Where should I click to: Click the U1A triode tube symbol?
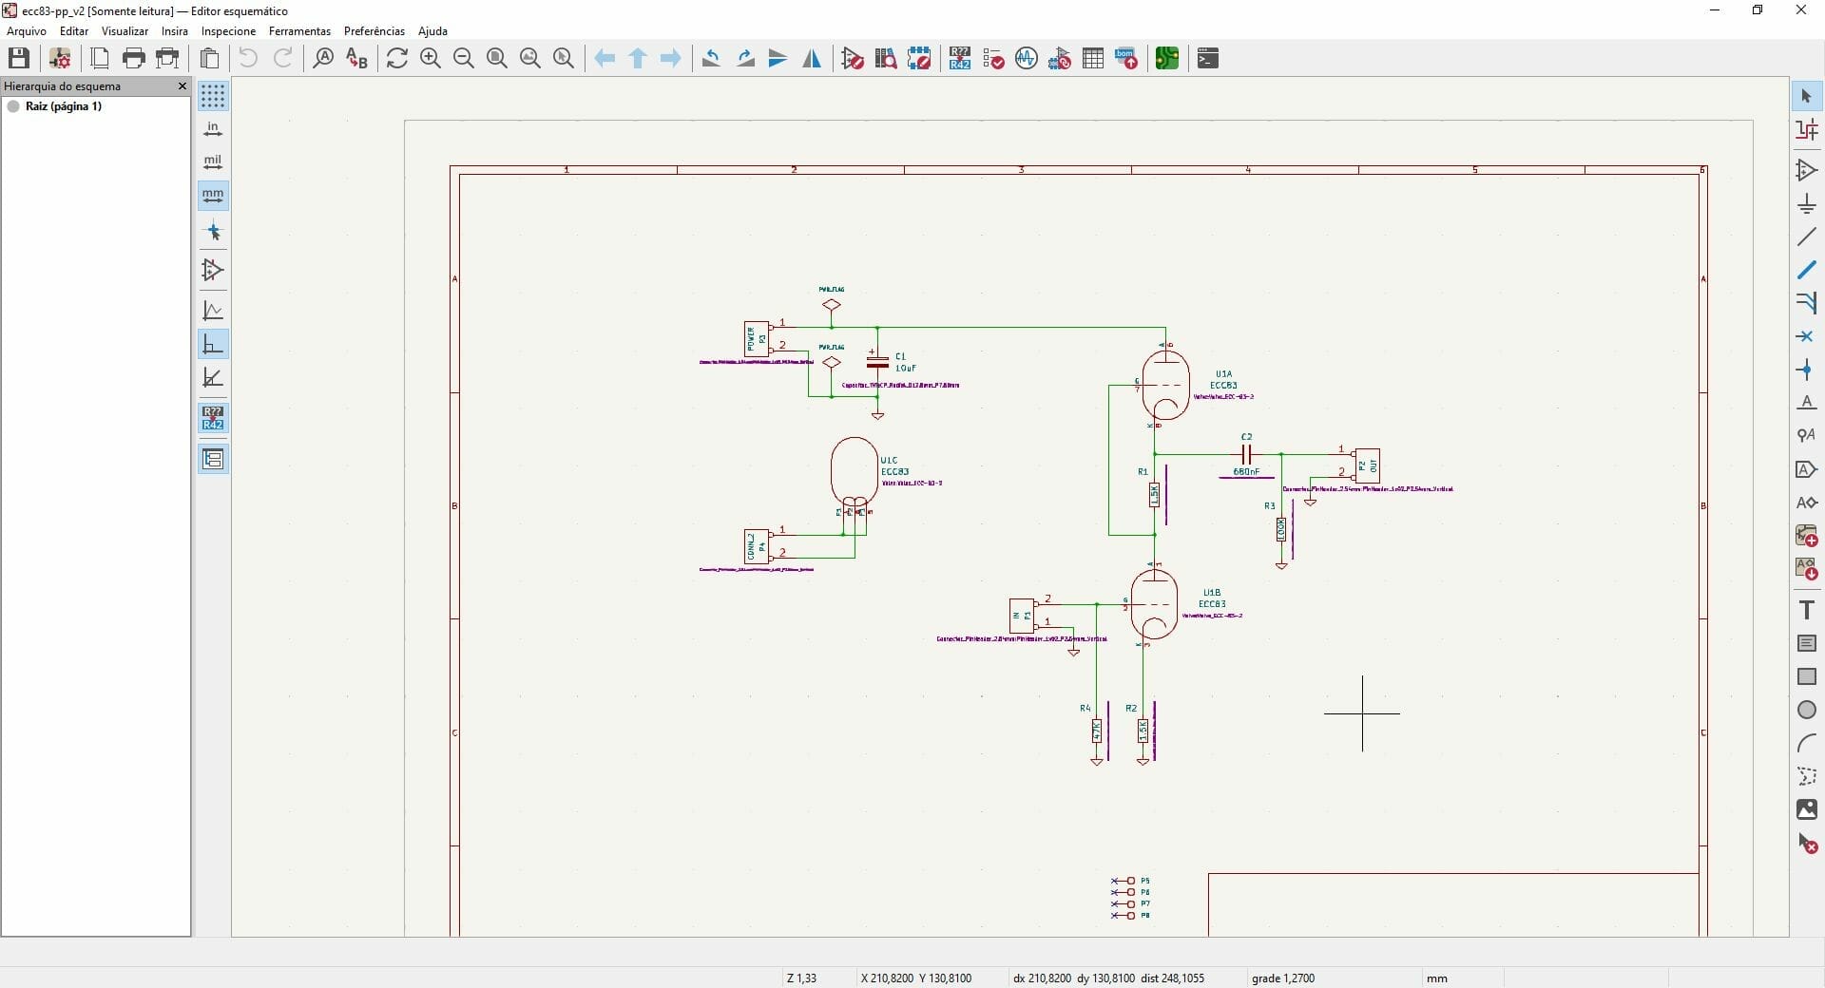click(1165, 385)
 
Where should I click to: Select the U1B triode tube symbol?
click(1154, 604)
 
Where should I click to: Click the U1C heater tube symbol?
click(854, 472)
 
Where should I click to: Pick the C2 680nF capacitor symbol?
click(1246, 454)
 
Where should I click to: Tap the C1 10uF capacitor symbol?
click(877, 362)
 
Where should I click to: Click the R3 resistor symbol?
click(1281, 529)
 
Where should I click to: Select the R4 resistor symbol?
click(1096, 731)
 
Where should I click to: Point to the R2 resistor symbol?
click(1143, 731)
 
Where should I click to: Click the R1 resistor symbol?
click(1154, 494)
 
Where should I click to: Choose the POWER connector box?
click(756, 338)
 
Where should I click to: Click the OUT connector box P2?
click(1367, 465)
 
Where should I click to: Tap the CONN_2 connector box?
click(756, 546)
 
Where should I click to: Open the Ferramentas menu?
click(299, 31)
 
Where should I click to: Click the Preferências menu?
click(374, 31)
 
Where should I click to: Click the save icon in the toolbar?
click(19, 59)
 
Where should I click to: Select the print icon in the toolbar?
click(134, 59)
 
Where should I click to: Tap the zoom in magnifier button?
click(431, 59)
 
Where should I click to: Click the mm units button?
click(213, 196)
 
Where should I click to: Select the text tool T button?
click(1806, 611)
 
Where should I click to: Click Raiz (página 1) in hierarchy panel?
click(63, 106)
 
